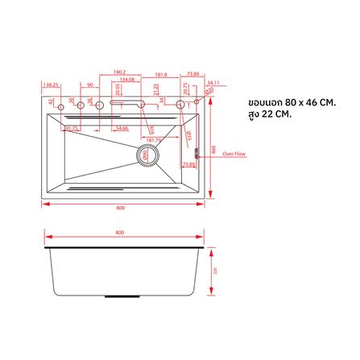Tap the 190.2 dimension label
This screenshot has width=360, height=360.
click(120, 72)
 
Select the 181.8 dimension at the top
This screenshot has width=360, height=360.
click(162, 74)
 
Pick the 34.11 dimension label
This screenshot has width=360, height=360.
click(212, 83)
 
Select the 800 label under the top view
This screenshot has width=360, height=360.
click(120, 208)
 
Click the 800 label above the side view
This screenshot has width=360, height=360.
click(120, 234)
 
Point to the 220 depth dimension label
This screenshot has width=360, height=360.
click(214, 271)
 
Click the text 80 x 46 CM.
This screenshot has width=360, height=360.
click(303, 103)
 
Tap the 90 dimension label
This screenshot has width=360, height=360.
click(90, 84)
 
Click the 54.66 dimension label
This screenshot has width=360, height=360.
click(122, 128)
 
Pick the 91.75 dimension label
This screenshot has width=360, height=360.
click(72, 128)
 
